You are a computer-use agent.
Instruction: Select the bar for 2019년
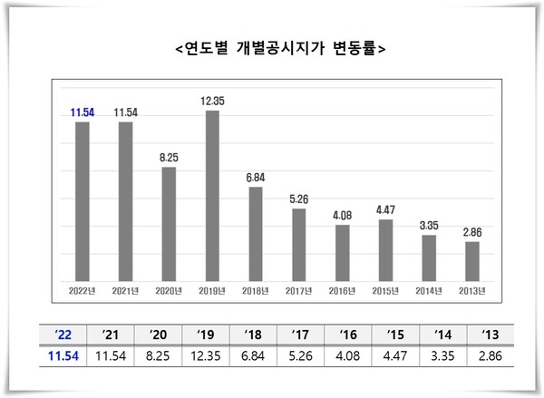212,195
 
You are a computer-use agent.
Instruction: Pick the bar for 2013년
472,260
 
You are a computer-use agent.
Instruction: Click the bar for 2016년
343,252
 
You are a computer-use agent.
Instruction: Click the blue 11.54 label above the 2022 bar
83,112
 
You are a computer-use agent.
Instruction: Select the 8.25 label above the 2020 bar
169,158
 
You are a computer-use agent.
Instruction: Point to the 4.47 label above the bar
386,210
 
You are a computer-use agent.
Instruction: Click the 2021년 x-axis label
125,290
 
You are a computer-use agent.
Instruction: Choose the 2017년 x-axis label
299,290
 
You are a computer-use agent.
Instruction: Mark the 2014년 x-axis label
429,290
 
